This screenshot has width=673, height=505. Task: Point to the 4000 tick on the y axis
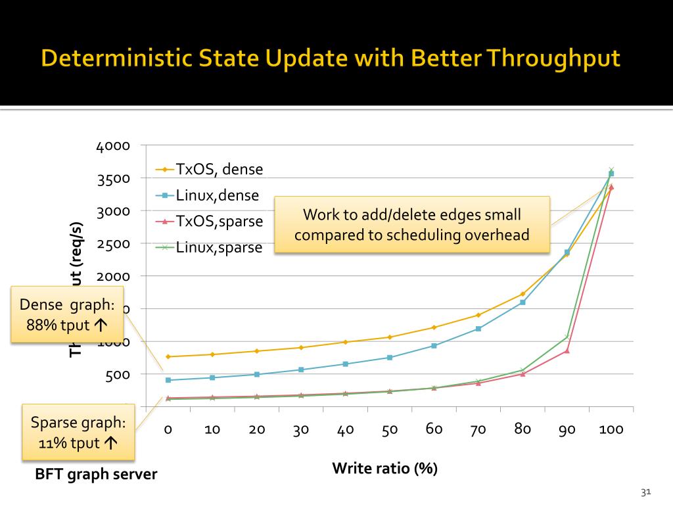coord(113,146)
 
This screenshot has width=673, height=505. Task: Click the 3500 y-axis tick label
coord(113,179)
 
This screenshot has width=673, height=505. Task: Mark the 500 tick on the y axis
coord(117,375)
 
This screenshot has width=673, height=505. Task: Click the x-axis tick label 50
coord(390,429)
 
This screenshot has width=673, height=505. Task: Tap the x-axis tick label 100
coord(611,429)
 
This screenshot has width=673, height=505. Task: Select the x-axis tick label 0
coord(168,429)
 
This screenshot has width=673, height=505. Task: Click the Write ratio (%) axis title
coord(384,468)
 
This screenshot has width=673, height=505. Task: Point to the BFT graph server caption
coord(96,473)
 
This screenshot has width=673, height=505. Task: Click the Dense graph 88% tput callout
coord(67,314)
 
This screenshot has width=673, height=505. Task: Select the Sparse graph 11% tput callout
coord(78,432)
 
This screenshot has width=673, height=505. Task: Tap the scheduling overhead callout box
coord(411,224)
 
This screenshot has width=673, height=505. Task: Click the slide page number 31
coord(645,492)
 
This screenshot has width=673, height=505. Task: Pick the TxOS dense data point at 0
coord(168,356)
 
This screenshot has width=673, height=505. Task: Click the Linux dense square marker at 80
coord(522,302)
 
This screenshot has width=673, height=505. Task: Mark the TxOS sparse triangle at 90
coord(567,350)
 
